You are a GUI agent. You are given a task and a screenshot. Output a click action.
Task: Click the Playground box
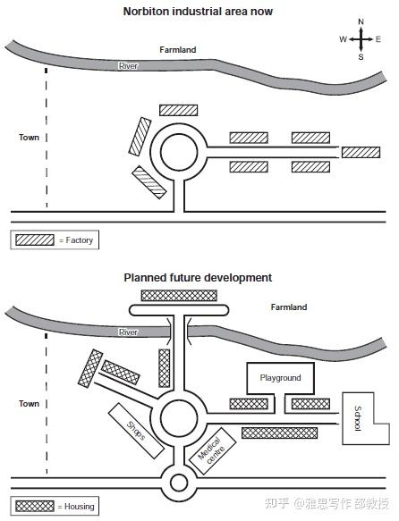coord(280,378)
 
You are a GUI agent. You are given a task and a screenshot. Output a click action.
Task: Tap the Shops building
coord(136,431)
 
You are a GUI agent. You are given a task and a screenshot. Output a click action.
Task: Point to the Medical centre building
coord(212,451)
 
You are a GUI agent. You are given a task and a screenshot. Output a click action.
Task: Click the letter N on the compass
coord(361,22)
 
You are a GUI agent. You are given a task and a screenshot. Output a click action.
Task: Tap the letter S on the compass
coord(361,57)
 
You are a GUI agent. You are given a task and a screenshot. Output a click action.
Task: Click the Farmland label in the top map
coord(177,50)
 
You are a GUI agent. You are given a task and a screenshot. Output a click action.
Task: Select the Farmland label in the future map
coord(289,307)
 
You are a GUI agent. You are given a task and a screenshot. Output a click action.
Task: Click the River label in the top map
coord(128,66)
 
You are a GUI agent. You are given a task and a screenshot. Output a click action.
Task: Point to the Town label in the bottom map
coord(29,404)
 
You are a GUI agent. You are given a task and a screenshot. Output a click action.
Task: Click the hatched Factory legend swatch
coord(35,239)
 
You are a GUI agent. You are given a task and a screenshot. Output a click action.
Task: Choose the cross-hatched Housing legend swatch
coord(35,506)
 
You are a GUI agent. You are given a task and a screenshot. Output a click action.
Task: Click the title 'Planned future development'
coord(198,278)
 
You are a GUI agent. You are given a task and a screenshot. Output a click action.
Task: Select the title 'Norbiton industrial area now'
coord(198,12)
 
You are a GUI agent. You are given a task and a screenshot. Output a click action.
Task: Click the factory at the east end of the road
coord(361,153)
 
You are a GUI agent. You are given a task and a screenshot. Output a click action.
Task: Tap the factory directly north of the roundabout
coord(179,110)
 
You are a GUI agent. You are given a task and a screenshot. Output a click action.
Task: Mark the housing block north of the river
coord(179,296)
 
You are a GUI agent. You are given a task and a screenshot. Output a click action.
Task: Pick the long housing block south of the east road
coord(280,433)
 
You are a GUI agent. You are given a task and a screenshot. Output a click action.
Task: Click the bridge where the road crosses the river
coord(179,332)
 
